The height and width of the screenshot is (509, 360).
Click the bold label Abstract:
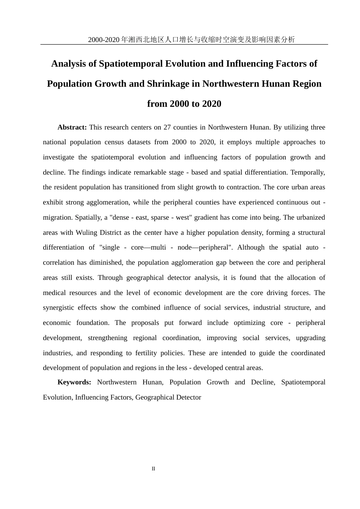coord(72,127)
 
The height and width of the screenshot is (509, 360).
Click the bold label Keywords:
coord(74,382)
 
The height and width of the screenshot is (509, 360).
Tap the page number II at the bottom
coord(153,469)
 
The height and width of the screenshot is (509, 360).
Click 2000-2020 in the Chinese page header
coord(104,40)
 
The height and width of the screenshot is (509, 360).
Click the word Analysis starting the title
coord(69,64)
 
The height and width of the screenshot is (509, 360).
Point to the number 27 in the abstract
coord(167,127)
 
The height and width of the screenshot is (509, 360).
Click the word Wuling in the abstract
coord(87,233)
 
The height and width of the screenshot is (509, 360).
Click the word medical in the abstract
coord(54,293)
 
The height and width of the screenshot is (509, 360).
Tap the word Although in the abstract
coord(250,247)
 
